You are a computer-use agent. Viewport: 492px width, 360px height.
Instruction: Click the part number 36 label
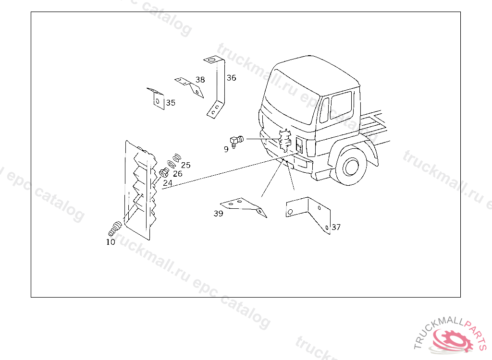point(231,78)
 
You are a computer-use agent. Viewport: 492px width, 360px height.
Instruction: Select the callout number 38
point(200,80)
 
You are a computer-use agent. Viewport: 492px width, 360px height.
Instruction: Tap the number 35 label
point(171,103)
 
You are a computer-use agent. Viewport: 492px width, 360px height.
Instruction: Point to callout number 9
point(226,149)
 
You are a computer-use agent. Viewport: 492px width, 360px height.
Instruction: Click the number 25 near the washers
point(186,165)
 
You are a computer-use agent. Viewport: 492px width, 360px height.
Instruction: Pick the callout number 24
point(168,183)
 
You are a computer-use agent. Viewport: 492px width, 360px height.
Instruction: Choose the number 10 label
point(111,242)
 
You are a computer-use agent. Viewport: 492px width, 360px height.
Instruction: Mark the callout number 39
point(219,214)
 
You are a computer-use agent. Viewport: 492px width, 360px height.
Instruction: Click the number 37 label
point(336,227)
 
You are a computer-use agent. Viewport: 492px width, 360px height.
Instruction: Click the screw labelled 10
point(115,228)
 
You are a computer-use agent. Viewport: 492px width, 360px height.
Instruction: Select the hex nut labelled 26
point(164,172)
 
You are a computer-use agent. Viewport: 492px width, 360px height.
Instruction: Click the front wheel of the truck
point(350,166)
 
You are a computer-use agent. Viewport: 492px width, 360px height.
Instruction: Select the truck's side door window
point(341,105)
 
